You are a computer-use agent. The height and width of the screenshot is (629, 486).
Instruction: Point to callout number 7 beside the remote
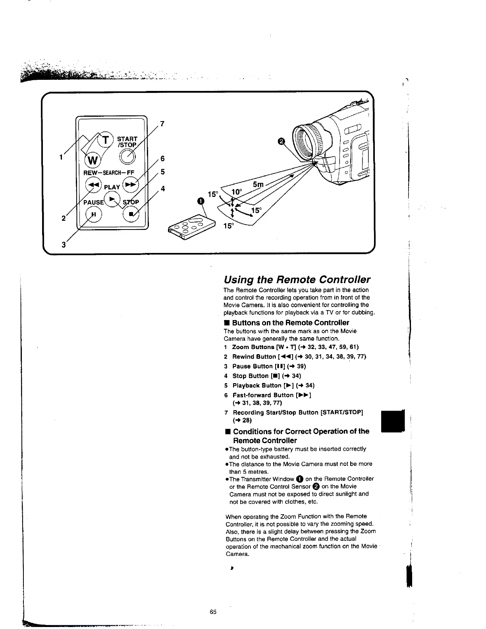coord(162,124)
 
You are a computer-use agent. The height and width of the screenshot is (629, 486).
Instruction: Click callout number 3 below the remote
coord(63,245)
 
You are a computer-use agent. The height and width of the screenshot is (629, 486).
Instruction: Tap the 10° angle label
coord(237,192)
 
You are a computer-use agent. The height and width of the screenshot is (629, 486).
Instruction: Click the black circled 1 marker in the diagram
coord(201,201)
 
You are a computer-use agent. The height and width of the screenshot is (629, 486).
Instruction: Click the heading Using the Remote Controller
coord(297,279)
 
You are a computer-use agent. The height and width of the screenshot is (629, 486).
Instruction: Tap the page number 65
coord(213,612)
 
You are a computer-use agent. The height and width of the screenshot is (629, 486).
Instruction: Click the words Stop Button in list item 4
coord(250,376)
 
